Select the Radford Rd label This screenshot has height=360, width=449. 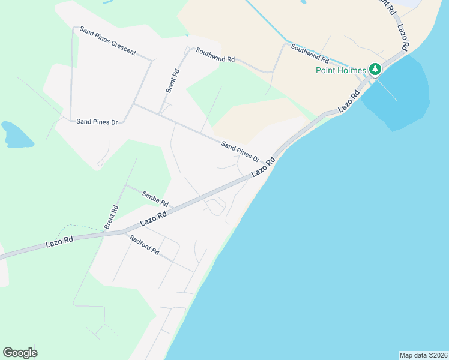[144, 244]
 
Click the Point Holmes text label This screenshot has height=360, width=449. [341, 70]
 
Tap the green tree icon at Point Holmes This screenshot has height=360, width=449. [375, 70]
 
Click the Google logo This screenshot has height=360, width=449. [20, 353]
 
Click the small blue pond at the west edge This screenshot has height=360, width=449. [17, 135]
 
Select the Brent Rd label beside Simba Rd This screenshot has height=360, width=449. [111, 217]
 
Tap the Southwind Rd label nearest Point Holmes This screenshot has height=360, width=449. [310, 54]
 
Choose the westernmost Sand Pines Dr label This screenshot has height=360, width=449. [96, 122]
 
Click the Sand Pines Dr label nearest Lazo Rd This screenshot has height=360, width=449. [240, 152]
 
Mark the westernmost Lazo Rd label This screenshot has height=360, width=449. [59, 241]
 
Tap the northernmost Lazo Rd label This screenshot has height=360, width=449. [403, 36]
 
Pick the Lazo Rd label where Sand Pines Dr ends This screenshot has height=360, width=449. [263, 166]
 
